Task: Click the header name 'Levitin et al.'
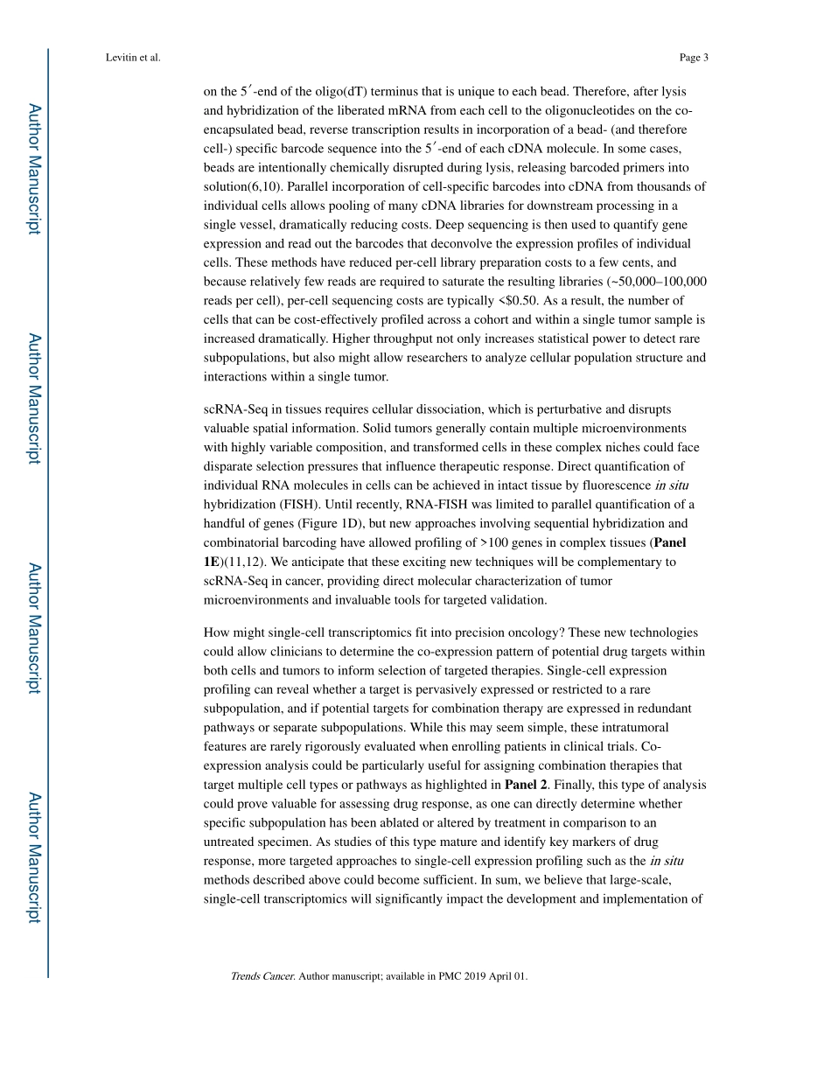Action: point(132,58)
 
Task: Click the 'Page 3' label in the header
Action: point(693,58)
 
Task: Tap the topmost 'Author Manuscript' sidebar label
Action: point(34,169)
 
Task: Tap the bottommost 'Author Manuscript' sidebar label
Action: point(34,857)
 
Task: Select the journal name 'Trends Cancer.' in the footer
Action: point(262,975)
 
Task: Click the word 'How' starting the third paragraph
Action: point(216,632)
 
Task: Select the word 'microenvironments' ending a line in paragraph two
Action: point(636,429)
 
